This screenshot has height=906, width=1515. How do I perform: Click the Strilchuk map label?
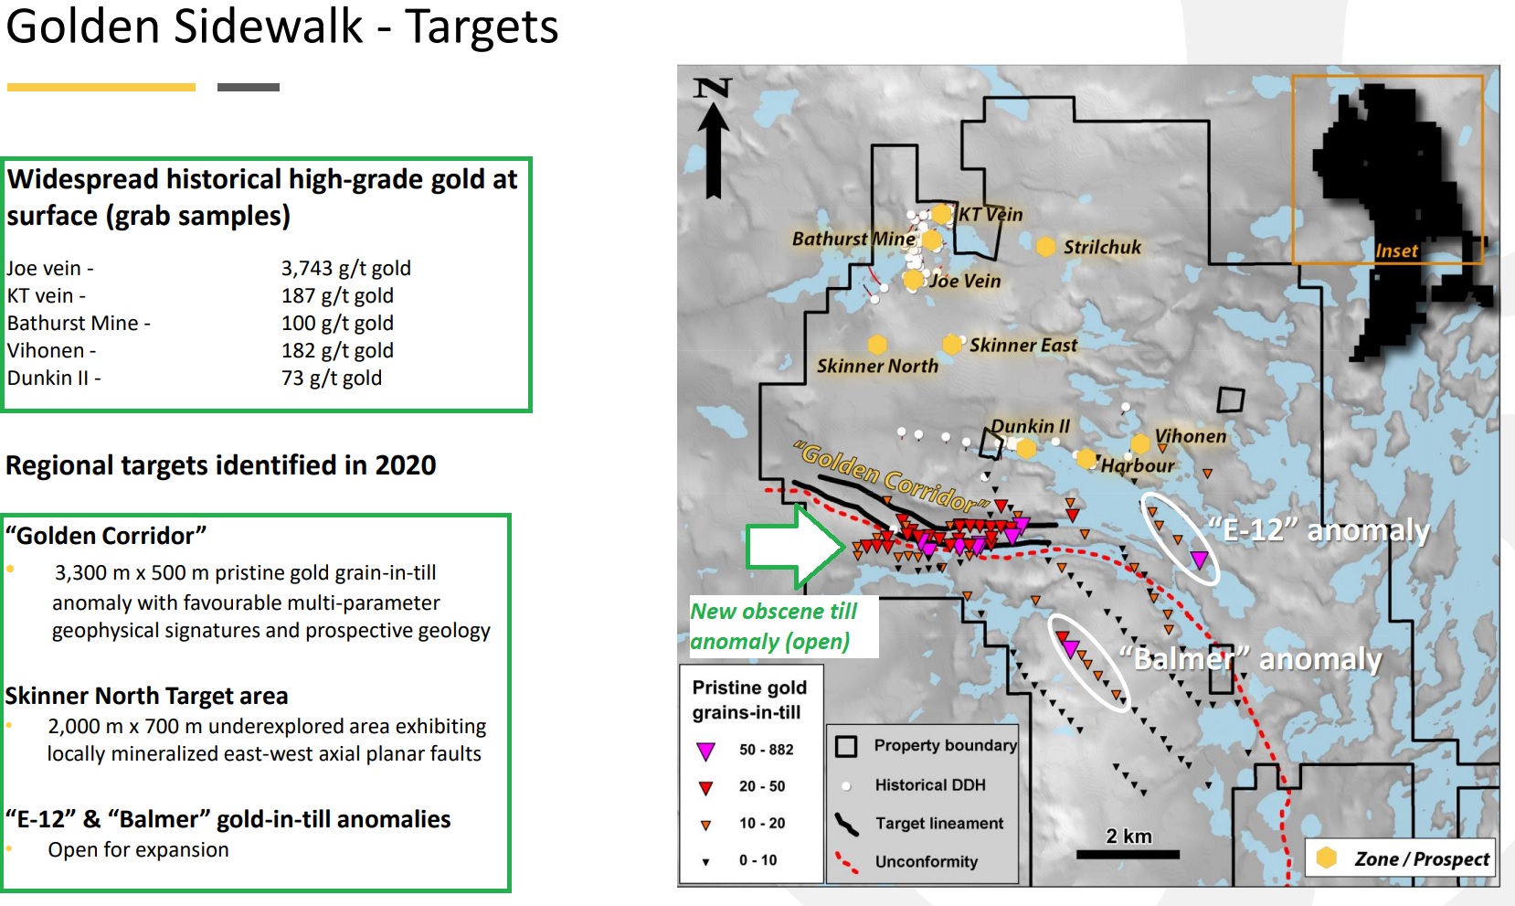click(x=1102, y=247)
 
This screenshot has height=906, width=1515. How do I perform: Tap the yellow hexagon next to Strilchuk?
click(x=1045, y=247)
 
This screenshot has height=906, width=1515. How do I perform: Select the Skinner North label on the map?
click(x=877, y=366)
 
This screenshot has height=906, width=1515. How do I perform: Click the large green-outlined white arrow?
click(x=795, y=546)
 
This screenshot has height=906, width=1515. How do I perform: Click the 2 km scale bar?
click(x=1128, y=855)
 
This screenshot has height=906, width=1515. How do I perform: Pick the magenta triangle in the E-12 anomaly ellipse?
click(x=1199, y=560)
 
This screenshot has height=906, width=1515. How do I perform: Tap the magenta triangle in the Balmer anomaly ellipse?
click(x=1070, y=649)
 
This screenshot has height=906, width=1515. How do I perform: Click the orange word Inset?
click(x=1396, y=251)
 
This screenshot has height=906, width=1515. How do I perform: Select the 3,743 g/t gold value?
click(x=345, y=269)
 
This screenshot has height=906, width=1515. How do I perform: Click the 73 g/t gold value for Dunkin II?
click(x=332, y=378)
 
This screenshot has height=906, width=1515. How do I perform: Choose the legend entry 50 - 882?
click(x=767, y=750)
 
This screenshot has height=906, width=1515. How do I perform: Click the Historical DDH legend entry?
click(x=930, y=785)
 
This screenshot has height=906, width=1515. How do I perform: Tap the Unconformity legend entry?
click(x=926, y=861)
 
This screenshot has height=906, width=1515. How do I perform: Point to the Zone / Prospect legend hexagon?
click(x=1326, y=858)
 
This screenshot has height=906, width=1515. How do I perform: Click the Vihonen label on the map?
click(x=1191, y=436)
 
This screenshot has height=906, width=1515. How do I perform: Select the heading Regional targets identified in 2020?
click(x=220, y=465)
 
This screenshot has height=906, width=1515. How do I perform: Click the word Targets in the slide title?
click(x=482, y=27)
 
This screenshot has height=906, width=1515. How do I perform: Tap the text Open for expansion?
click(x=138, y=850)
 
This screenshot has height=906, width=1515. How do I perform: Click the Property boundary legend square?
click(x=846, y=746)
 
